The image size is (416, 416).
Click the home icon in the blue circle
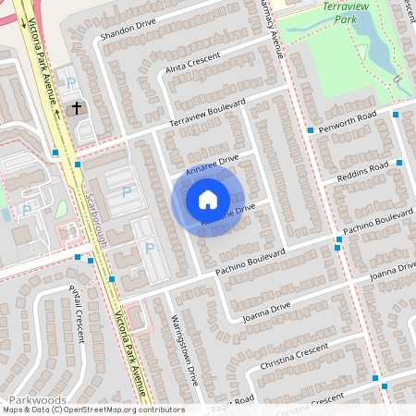coord(208,199)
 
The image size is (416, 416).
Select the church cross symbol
coord(77,109)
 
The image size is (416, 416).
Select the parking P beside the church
coord(72,83)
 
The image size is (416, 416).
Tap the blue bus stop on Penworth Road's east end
coord(396,115)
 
